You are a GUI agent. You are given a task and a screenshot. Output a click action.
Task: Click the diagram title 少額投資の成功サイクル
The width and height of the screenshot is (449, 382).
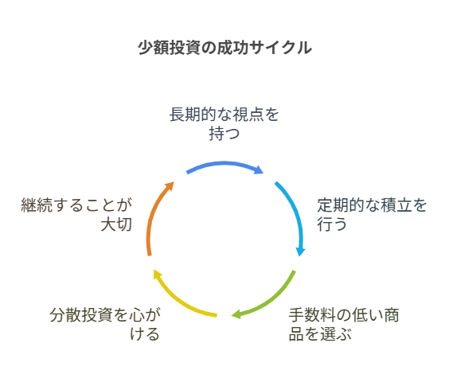point(224,47)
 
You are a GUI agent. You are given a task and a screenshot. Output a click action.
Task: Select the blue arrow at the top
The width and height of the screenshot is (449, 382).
point(224,163)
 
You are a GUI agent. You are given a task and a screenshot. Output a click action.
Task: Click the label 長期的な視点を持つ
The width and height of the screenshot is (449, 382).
point(224,124)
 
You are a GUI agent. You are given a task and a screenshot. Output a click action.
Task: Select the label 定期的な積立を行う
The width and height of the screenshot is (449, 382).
point(372,214)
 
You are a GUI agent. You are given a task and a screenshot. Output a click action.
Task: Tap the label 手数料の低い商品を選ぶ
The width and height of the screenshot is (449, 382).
point(344,325)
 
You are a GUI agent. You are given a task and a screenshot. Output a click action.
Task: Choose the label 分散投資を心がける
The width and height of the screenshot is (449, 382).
point(105,325)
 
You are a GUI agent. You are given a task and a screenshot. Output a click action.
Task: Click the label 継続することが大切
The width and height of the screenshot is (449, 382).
point(76,214)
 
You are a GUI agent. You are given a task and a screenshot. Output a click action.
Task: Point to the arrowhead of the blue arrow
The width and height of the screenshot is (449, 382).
point(260,170)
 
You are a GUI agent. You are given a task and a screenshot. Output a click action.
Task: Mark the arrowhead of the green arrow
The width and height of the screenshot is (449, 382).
point(236,314)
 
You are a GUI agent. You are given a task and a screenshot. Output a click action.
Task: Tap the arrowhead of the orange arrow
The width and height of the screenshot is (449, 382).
point(170,185)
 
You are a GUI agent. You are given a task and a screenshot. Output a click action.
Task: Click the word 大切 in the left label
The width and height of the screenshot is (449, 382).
point(116,224)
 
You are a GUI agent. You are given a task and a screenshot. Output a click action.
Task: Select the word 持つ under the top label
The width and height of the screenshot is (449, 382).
point(224,134)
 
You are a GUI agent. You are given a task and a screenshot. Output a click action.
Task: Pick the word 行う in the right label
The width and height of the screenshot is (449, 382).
point(332,224)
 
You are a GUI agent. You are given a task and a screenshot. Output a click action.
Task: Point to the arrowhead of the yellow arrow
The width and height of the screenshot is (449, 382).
point(158,274)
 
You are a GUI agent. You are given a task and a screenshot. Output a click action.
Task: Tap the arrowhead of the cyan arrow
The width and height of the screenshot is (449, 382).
point(300,251)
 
